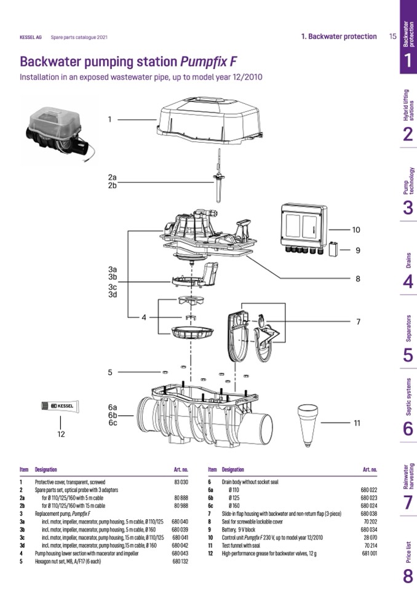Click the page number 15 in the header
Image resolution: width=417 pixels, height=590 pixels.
[x=392, y=36]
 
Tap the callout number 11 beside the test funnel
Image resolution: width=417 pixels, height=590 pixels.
[x=357, y=423]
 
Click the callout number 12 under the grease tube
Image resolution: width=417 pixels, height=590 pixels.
[x=60, y=434]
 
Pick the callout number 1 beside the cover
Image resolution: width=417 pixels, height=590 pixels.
[x=110, y=119]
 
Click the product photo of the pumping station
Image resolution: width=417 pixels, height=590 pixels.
[x=55, y=133]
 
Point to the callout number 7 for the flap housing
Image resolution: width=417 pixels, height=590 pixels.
[x=357, y=321]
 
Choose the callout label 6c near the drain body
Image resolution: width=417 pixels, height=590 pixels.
[x=112, y=423]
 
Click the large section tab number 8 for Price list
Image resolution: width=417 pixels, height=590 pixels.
[x=408, y=576]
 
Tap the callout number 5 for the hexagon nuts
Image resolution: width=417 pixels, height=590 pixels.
[x=110, y=372]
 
